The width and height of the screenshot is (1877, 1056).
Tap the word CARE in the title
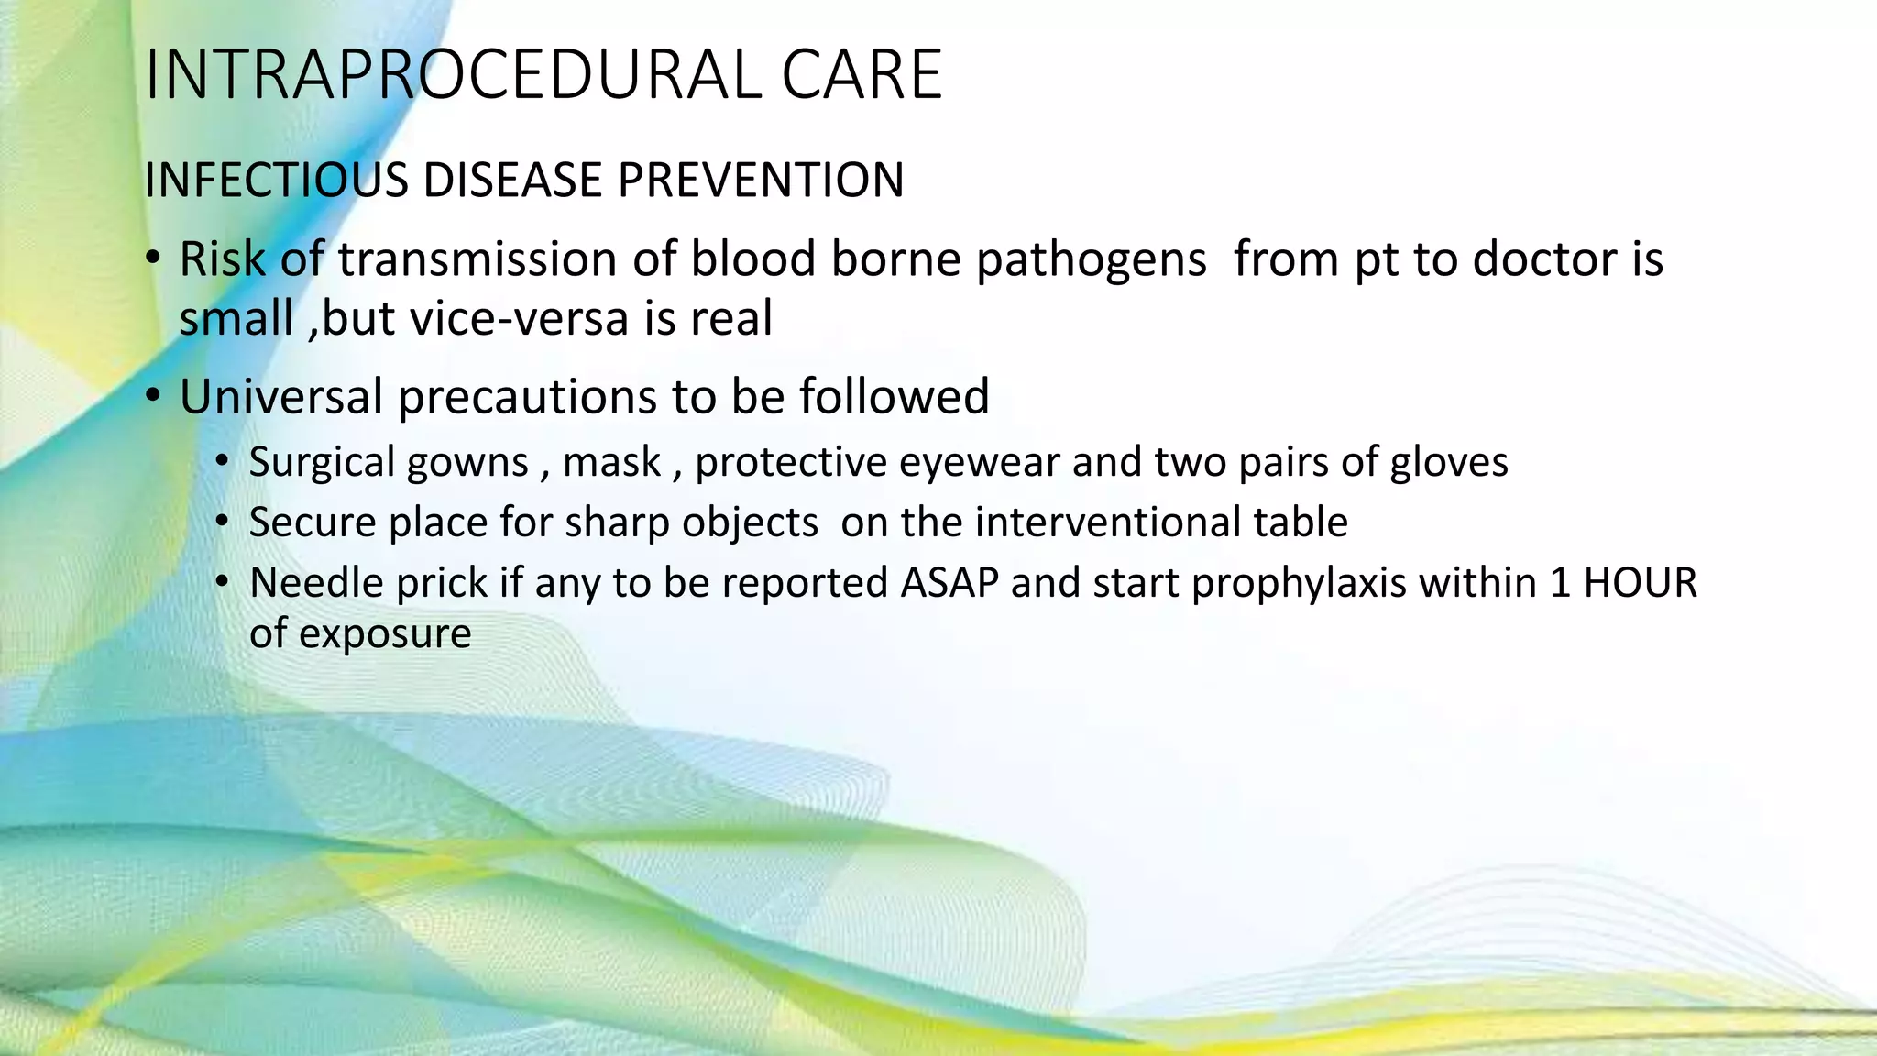click(862, 75)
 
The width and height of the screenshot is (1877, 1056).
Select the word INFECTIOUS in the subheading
click(276, 180)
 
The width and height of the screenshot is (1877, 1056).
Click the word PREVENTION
click(761, 180)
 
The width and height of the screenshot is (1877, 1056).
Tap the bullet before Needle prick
click(222, 583)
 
